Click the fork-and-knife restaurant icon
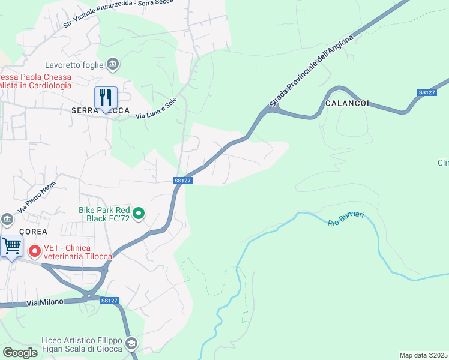point(106,97)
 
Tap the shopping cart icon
point(11,246)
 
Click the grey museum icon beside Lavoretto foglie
point(112,64)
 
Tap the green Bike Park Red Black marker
point(139,213)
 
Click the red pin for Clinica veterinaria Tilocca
point(34,251)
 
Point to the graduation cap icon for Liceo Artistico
point(131,344)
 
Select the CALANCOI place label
point(347,104)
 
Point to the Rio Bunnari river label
point(346,219)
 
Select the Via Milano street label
point(45,302)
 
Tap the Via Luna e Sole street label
point(155,112)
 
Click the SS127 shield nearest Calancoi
point(426,92)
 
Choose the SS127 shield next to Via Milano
point(109,301)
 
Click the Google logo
point(20,353)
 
